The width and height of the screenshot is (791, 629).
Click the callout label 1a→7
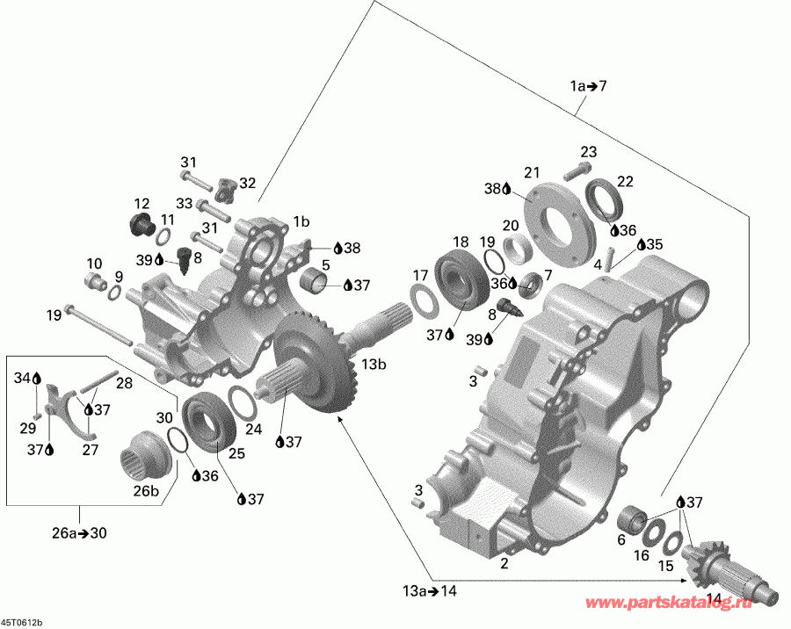588,86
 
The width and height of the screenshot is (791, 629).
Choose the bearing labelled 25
207,423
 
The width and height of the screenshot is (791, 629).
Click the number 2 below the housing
504,563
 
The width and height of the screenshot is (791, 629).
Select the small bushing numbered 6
633,518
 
